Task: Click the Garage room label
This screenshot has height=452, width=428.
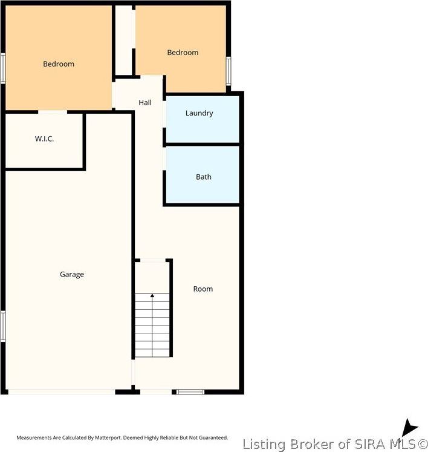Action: (x=71, y=274)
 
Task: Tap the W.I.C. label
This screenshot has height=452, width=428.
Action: (x=44, y=139)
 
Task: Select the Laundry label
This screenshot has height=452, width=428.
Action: (x=199, y=113)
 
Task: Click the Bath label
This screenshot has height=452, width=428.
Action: (x=204, y=177)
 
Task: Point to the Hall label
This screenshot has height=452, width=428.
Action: (x=145, y=102)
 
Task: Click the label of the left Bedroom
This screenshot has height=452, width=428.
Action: (x=59, y=64)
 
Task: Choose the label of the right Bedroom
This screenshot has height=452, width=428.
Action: (x=183, y=53)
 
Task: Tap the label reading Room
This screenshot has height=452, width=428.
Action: (x=203, y=289)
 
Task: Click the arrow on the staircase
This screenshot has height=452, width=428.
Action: (x=152, y=295)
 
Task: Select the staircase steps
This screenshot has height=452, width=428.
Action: (x=152, y=327)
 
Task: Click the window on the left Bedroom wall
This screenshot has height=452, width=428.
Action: (x=2, y=68)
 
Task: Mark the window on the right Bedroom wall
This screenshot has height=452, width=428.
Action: (x=229, y=70)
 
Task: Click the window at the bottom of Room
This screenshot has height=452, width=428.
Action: (x=190, y=392)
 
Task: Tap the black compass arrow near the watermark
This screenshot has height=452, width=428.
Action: (x=409, y=428)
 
